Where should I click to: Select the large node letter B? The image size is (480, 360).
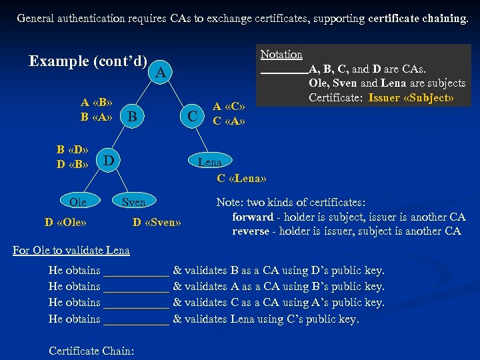(x=133, y=118)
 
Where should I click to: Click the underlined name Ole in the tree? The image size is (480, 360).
(x=78, y=201)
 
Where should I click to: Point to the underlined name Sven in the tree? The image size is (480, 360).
(x=133, y=201)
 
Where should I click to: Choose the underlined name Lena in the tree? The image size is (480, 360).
(x=209, y=162)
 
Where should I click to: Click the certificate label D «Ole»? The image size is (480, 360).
(x=69, y=221)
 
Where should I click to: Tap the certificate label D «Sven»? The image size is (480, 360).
(x=157, y=221)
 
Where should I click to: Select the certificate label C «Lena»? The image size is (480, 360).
(x=241, y=178)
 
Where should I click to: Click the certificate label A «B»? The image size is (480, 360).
(x=96, y=103)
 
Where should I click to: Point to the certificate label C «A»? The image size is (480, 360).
(x=229, y=121)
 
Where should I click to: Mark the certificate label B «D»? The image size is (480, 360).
(x=72, y=149)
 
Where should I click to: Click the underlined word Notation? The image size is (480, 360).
(x=281, y=55)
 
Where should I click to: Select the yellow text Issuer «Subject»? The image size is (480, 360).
(x=411, y=98)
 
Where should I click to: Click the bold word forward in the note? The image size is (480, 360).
(x=253, y=217)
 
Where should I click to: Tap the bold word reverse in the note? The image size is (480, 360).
(x=251, y=231)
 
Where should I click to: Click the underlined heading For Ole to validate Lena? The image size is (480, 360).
(x=71, y=250)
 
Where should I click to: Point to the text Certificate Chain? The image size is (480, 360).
(x=91, y=351)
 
